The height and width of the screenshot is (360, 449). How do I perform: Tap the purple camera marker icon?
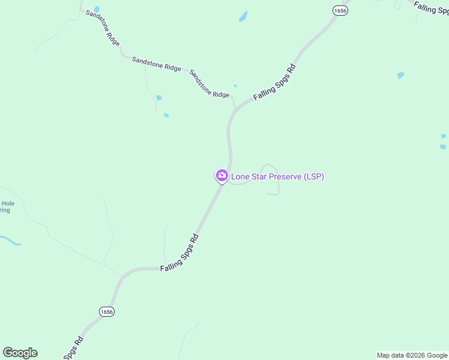click(x=221, y=175)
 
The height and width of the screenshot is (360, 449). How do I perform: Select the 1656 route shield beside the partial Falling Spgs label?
click(x=340, y=11)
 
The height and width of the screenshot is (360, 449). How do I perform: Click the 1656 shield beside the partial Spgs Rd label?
click(x=107, y=311)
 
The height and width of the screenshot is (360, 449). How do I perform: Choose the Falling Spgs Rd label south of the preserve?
click(x=179, y=254)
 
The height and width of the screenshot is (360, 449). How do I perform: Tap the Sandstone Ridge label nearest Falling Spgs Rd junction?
click(x=209, y=84)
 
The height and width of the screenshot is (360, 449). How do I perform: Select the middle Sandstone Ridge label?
click(x=156, y=64)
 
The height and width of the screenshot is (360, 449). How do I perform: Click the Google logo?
click(x=20, y=353)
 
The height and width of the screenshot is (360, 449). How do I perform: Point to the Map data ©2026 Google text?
click(x=412, y=355)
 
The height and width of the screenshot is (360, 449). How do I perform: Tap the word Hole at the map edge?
click(x=7, y=203)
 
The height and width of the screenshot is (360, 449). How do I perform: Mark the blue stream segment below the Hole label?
click(x=11, y=241)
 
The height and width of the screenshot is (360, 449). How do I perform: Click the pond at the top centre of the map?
click(x=243, y=16)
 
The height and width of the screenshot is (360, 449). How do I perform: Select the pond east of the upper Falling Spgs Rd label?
click(x=400, y=76)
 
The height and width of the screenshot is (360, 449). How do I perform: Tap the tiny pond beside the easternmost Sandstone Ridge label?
click(x=235, y=86)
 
